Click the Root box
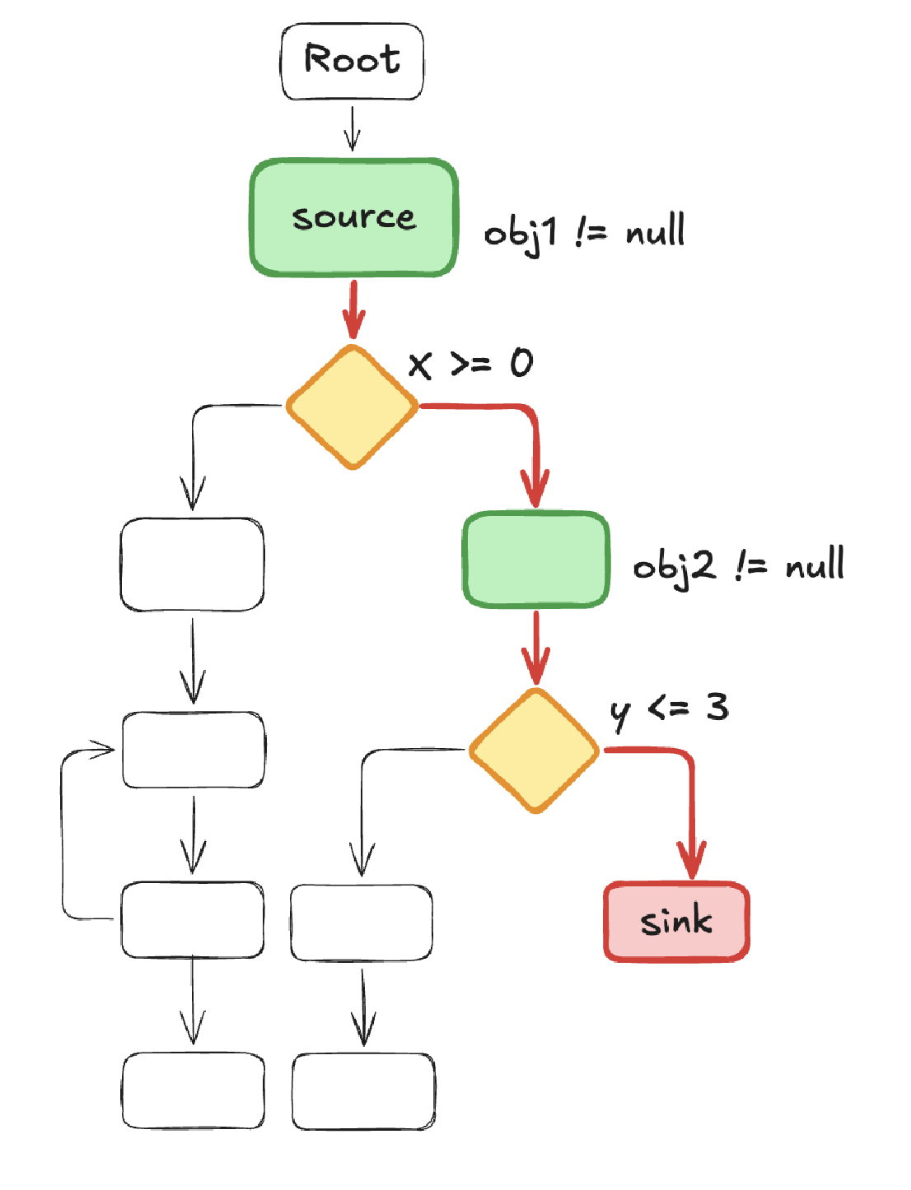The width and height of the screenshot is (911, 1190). (x=352, y=61)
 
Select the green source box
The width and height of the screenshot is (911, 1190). (x=353, y=217)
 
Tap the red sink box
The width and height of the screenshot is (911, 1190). (x=676, y=921)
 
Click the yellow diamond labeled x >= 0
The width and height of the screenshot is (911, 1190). (x=353, y=407)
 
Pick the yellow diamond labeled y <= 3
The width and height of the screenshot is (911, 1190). (x=535, y=751)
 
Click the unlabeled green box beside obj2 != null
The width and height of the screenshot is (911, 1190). (x=536, y=559)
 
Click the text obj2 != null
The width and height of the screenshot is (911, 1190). (x=739, y=566)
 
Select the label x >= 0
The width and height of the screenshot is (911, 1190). (x=470, y=363)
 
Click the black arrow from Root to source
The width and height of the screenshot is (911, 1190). (x=353, y=128)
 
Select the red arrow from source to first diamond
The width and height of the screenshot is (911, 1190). (x=353, y=309)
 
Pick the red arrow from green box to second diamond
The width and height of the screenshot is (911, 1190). (x=536, y=648)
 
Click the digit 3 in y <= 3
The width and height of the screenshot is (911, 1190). (x=717, y=707)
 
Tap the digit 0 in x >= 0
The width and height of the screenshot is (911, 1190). (x=521, y=363)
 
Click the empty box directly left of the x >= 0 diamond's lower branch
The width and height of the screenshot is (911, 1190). (x=192, y=565)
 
